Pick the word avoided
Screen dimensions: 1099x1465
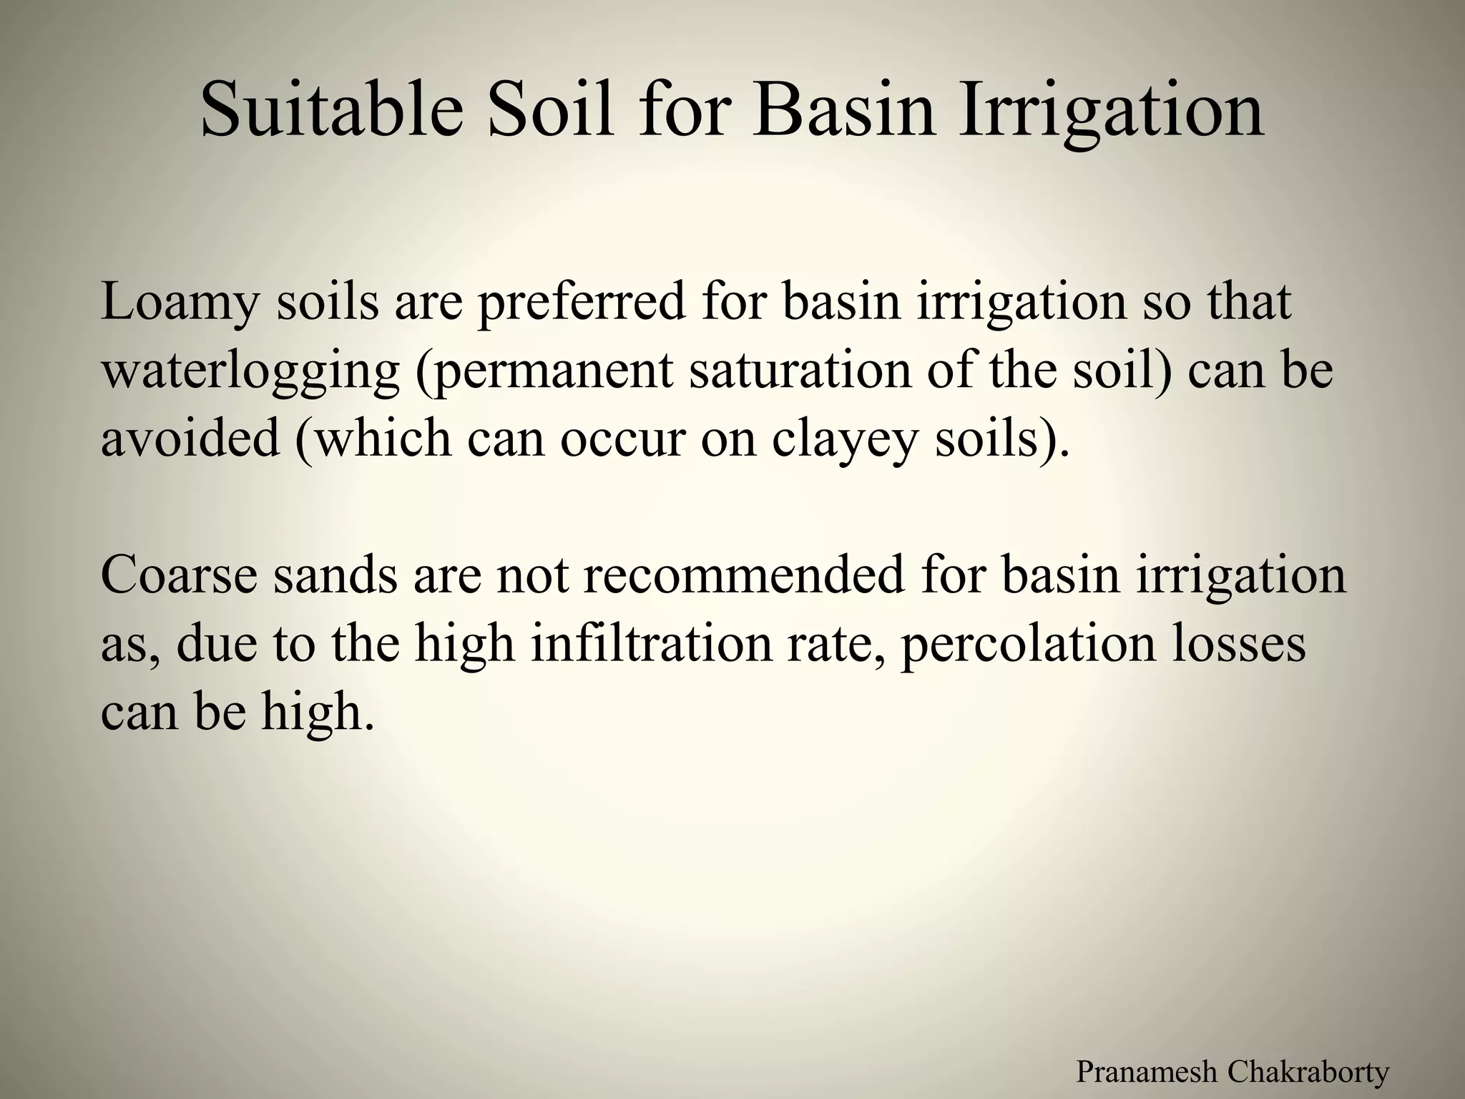click(x=190, y=438)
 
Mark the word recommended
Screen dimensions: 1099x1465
click(x=745, y=575)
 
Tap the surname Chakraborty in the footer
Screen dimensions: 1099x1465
click(x=1308, y=1072)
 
